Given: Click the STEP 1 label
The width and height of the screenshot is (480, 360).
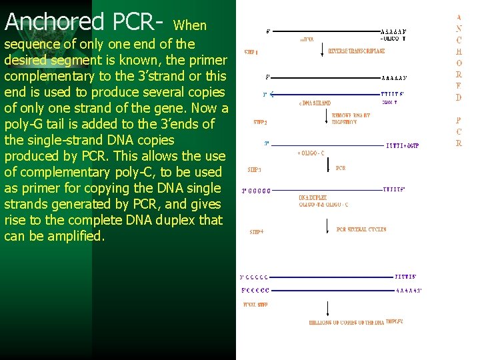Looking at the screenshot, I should point(252,52).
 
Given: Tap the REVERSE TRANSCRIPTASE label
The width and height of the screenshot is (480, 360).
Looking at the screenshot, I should point(356,51).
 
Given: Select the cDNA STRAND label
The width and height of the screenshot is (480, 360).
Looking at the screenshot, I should point(315,103).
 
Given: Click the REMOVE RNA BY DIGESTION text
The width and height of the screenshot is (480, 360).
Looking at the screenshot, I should point(351,119).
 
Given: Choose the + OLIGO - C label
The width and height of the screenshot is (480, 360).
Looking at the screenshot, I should point(311,153).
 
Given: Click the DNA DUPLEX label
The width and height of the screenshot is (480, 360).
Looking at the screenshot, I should point(313,198).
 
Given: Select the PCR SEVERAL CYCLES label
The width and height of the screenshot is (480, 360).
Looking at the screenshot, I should point(361,229).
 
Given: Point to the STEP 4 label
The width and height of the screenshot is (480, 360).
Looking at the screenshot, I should point(257,232).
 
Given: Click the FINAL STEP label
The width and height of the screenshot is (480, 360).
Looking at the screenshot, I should point(255,305).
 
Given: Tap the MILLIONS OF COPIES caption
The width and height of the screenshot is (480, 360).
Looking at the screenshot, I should point(357,322).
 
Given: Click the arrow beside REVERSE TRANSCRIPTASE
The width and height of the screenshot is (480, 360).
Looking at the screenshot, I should point(323,51).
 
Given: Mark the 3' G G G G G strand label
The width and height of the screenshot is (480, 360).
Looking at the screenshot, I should point(257,191).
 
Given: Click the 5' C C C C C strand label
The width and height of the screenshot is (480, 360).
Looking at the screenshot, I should point(255,291).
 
